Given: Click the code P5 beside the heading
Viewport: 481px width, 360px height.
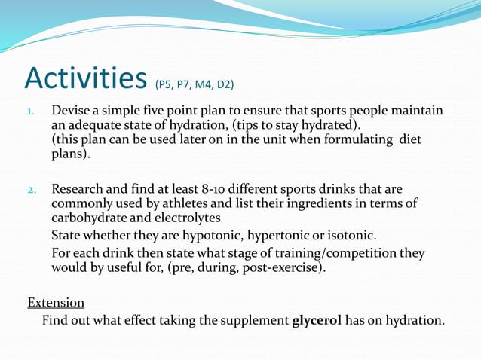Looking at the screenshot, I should [166, 83].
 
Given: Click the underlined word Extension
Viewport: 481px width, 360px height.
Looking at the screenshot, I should [56, 302].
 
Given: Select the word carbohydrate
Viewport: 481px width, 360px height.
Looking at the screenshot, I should [89, 218].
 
